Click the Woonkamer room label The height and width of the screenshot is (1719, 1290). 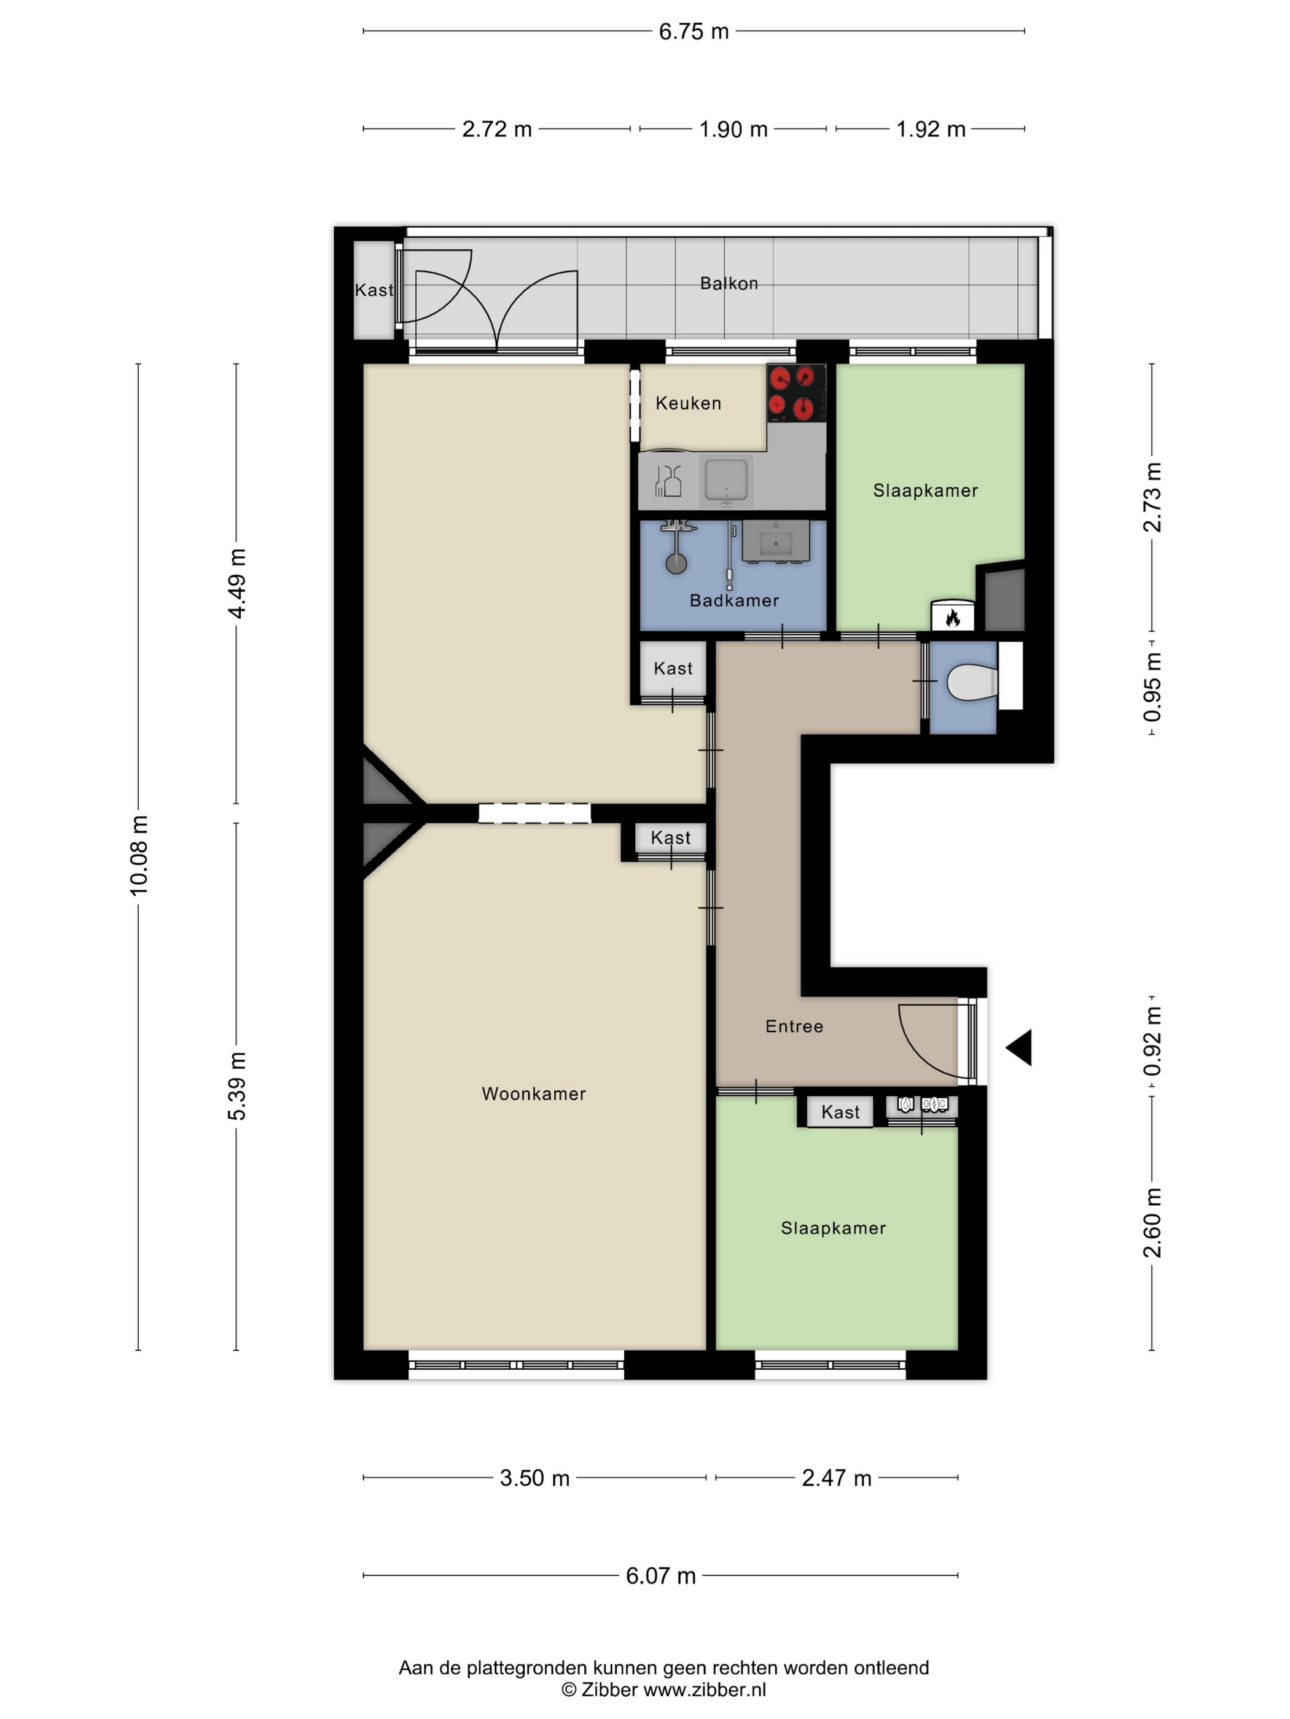[533, 1093]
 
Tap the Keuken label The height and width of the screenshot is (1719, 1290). [688, 403]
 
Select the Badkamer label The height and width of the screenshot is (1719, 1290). [734, 600]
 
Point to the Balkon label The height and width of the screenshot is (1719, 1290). [729, 283]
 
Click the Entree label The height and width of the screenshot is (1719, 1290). [794, 1026]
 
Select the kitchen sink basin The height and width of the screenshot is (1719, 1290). [726, 480]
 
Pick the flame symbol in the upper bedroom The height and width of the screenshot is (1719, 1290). [953, 618]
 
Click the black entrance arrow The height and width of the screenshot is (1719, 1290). [1019, 1047]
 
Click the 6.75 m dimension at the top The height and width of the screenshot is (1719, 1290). [694, 31]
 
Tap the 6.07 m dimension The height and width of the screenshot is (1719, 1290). [660, 1575]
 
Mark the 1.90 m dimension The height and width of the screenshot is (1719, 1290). [733, 129]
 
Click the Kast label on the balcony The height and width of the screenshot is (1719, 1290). [374, 290]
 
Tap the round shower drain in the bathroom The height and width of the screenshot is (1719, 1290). [676, 564]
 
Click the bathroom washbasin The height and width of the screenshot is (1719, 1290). [776, 540]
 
